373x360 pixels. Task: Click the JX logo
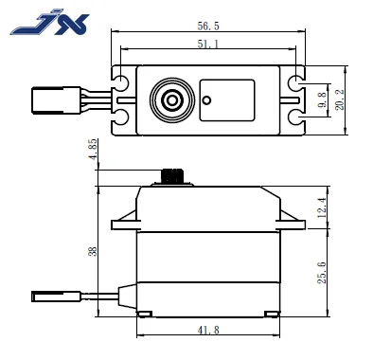pos(50,24)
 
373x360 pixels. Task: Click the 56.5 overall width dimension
pos(208,26)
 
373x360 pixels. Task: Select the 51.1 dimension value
pos(208,44)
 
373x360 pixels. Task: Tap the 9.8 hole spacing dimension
pos(322,100)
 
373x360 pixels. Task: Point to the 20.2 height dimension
pos(340,99)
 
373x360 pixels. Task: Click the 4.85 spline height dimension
pos(94,150)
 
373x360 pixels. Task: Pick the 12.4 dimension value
pos(322,207)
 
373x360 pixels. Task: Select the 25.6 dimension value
pos(322,273)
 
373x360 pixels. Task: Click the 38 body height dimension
pos(93,251)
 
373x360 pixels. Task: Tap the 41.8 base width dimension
pos(208,330)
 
